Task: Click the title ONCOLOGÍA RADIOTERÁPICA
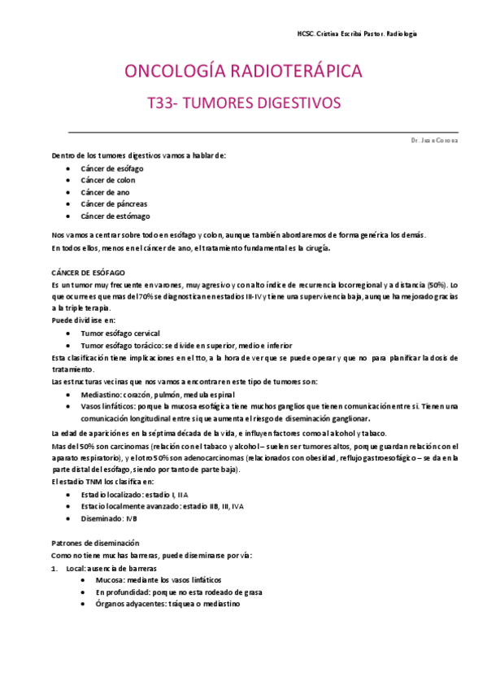click(x=243, y=72)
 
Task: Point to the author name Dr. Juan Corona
click(x=435, y=140)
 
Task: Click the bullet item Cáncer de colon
click(x=108, y=180)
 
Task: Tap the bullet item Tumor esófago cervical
click(x=120, y=334)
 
